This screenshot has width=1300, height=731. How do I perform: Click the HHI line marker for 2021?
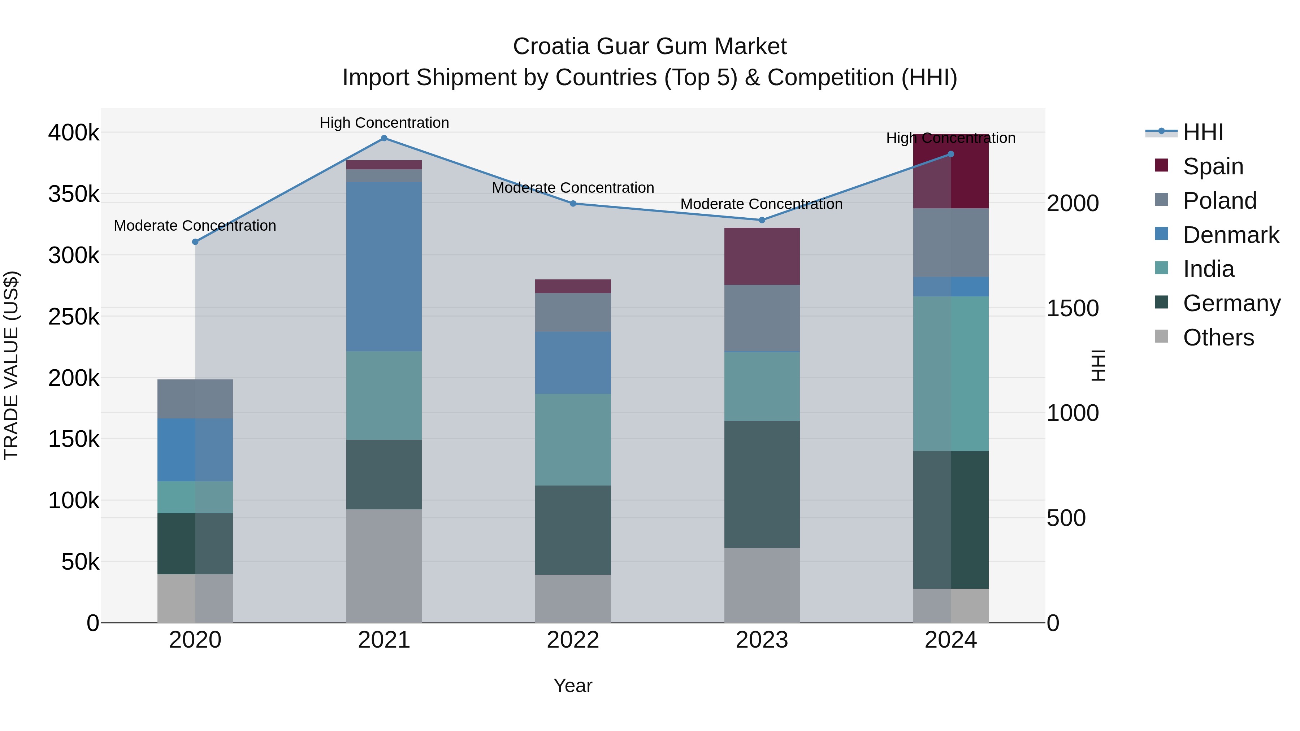click(384, 138)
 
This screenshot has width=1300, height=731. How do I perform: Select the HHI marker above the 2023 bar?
click(762, 220)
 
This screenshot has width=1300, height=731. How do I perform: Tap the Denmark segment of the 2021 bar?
click(384, 266)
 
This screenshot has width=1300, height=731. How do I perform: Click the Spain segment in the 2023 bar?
click(762, 256)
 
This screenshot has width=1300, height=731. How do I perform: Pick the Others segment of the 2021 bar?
click(384, 566)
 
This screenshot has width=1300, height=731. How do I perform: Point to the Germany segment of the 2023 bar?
click(762, 484)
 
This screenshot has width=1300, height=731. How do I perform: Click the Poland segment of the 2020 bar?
click(195, 399)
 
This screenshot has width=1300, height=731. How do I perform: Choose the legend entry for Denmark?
click(1230, 235)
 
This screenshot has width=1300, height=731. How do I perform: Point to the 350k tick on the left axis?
click(74, 194)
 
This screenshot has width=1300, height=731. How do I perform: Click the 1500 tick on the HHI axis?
click(1072, 308)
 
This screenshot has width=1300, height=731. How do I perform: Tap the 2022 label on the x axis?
click(573, 640)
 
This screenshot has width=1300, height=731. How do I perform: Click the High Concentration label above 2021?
click(384, 123)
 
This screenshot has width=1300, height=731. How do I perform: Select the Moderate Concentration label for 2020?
click(195, 226)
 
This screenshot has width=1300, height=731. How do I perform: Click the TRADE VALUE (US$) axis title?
click(11, 365)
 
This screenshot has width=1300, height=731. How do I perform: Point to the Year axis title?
click(573, 686)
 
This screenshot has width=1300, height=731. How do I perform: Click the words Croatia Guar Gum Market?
click(650, 47)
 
